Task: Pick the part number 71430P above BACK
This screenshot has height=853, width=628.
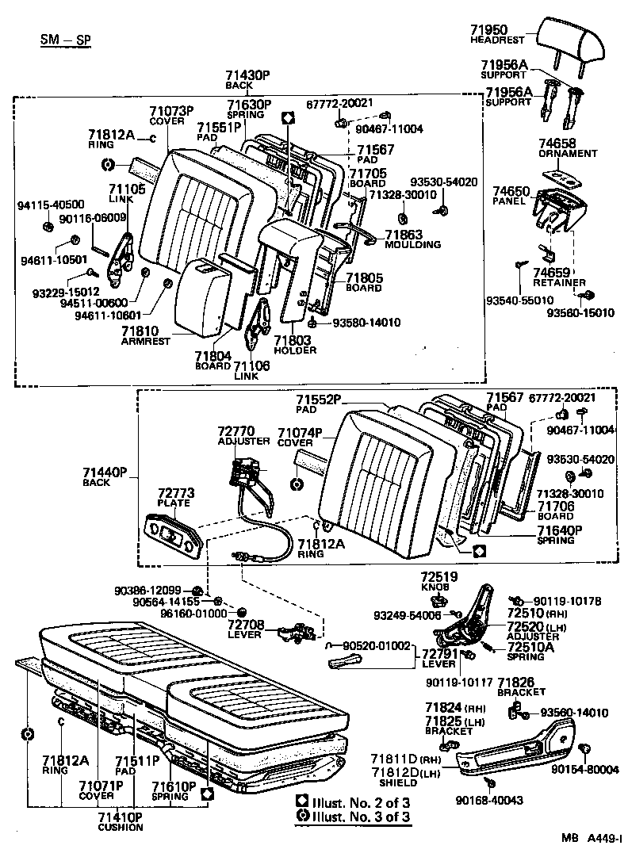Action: [247, 75]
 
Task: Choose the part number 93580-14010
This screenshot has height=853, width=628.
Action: [366, 323]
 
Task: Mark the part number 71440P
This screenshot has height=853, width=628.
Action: [105, 472]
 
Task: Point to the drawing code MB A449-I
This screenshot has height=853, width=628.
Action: [593, 837]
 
